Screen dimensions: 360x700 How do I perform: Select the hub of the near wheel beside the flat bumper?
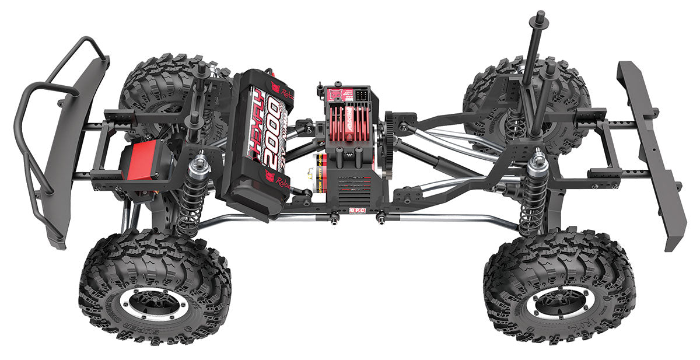559,303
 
